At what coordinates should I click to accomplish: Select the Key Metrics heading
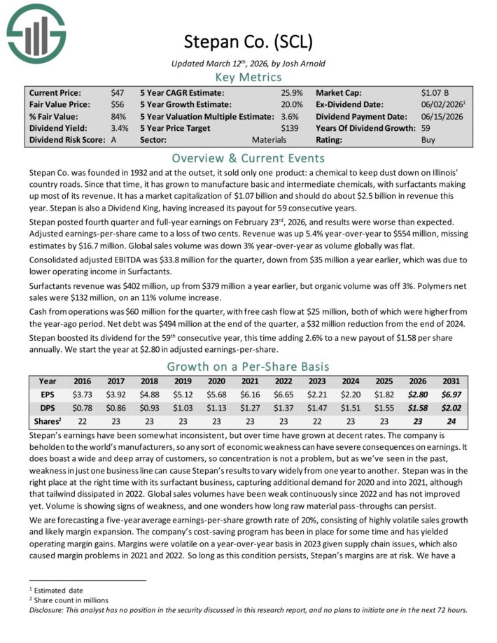click(x=248, y=77)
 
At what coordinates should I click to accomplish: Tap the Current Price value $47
click(x=118, y=92)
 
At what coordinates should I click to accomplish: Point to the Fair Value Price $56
click(x=118, y=104)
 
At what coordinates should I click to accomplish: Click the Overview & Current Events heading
click(x=248, y=157)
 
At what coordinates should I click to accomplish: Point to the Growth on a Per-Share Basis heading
click(x=248, y=366)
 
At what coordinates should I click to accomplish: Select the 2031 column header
click(x=450, y=382)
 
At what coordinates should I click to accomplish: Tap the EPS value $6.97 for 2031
click(x=450, y=394)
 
